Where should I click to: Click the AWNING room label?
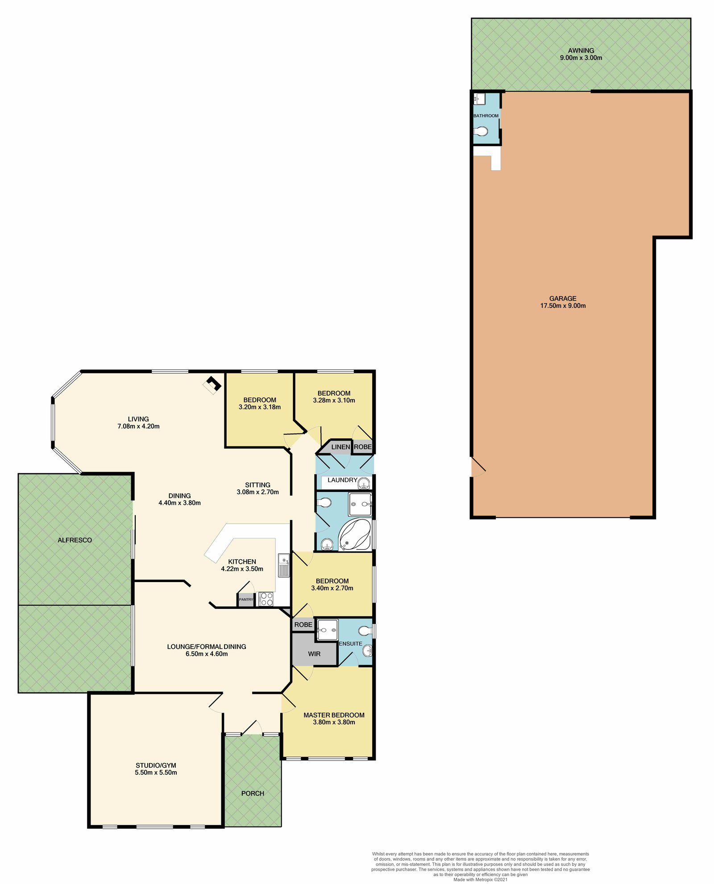coord(581,50)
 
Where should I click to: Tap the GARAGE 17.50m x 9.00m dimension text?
coord(563,306)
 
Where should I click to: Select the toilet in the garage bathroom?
coord(481,132)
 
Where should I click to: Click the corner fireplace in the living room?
coord(213,384)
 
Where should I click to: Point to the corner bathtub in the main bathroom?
coord(355,534)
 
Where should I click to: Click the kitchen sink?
coord(284,565)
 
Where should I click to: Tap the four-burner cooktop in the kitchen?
coord(266,599)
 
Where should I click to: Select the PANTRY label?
coord(246,599)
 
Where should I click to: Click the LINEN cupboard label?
coord(340,447)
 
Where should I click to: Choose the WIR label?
coord(314,654)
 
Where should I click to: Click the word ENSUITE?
coord(350,644)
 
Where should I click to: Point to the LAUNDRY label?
coord(342,480)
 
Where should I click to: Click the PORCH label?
coord(253,793)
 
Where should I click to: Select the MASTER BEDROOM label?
coord(334,715)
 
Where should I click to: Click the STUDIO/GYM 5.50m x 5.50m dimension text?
coord(156,772)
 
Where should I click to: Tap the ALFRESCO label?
coord(75,540)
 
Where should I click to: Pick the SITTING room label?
coord(257,485)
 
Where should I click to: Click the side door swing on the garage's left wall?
coord(477,467)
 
